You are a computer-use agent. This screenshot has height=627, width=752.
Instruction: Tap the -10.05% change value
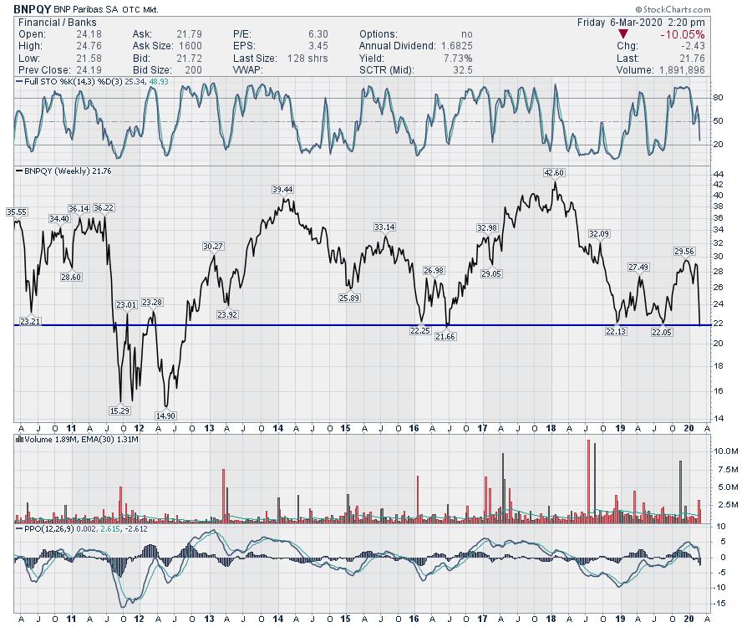point(681,34)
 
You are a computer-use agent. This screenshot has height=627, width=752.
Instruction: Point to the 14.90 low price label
point(167,415)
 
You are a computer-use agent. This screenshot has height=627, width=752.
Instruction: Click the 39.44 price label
point(282,190)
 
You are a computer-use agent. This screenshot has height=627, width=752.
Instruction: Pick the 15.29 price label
point(120,410)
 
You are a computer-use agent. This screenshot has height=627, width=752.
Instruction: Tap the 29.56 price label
point(683,251)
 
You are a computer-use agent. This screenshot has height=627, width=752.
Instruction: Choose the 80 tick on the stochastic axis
point(716,99)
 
